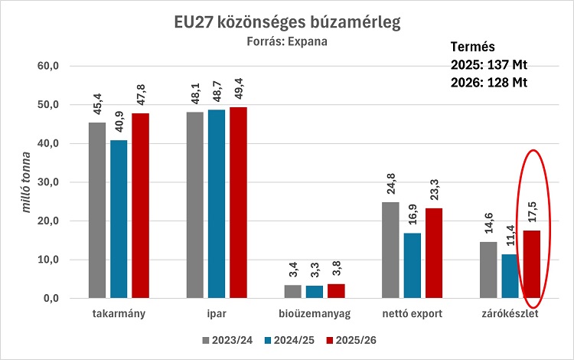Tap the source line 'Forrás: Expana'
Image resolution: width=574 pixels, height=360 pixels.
287,42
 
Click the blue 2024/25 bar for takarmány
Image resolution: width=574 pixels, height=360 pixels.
119,218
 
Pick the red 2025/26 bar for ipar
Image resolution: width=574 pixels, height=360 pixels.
239,202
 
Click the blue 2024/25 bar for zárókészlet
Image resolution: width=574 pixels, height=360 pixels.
510,276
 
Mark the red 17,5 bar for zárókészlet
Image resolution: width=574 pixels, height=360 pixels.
532,264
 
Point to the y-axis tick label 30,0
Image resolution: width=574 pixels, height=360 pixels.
47,182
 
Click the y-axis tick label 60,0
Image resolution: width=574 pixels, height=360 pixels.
47,67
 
